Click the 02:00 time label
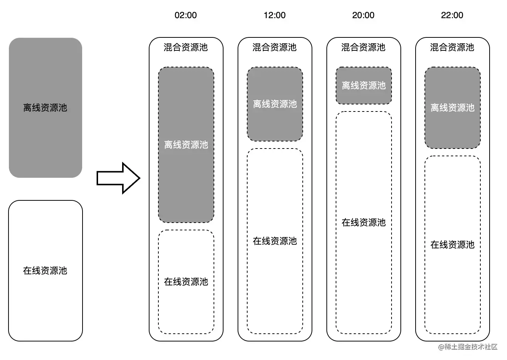(x=185, y=15)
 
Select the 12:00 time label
(x=274, y=15)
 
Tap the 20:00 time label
(x=363, y=15)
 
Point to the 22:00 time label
(x=452, y=15)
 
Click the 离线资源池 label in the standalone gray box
(x=45, y=108)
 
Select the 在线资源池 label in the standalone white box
(x=45, y=271)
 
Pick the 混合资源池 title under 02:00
(x=186, y=47)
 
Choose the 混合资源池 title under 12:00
(x=275, y=47)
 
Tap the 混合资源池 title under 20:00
(x=363, y=47)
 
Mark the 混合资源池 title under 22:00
(x=452, y=47)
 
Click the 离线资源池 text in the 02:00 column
(x=186, y=145)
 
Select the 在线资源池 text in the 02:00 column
(x=186, y=282)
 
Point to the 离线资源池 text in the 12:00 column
(x=275, y=104)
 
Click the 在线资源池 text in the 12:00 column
(x=275, y=241)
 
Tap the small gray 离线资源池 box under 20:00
(x=364, y=86)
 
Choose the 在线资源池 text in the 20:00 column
(x=364, y=223)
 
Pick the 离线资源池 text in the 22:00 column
(x=453, y=108)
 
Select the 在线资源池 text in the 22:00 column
(x=453, y=245)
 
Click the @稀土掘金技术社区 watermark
(x=468, y=347)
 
